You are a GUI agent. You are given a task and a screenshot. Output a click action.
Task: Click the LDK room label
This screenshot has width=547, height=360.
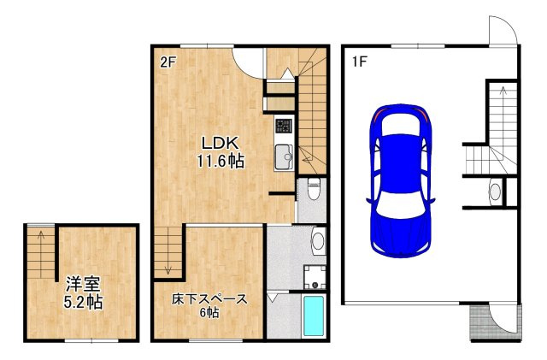pyautogui.click(x=221, y=143)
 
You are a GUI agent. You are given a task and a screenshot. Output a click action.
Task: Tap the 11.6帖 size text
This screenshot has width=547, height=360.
pyautogui.click(x=221, y=161)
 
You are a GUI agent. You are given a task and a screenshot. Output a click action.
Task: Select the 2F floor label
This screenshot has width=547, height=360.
pyautogui.click(x=167, y=62)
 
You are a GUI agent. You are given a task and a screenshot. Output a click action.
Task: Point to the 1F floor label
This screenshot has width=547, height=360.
pyautogui.click(x=359, y=62)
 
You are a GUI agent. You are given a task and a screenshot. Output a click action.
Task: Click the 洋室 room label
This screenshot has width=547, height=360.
pyautogui.click(x=84, y=284)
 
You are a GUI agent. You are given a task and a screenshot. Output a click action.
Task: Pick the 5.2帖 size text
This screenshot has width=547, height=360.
pyautogui.click(x=83, y=302)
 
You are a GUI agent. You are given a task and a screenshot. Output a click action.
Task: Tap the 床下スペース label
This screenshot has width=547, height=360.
pyautogui.click(x=209, y=299)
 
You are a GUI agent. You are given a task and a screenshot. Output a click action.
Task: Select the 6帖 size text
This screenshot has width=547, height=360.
pyautogui.click(x=209, y=312)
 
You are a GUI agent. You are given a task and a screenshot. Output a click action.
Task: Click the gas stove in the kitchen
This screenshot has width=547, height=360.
pyautogui.click(x=284, y=126)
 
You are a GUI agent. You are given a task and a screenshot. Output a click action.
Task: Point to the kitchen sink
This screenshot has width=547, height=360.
pyautogui.click(x=284, y=156)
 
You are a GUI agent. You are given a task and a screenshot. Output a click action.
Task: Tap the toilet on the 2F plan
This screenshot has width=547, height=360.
pyautogui.click(x=314, y=188)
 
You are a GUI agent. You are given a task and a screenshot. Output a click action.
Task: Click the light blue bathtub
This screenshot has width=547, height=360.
pyautogui.click(x=314, y=316)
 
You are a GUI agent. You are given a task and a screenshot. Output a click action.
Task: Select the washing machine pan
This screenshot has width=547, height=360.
pyautogui.click(x=315, y=277)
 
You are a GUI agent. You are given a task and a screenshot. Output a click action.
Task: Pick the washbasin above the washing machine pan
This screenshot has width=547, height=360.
pyautogui.click(x=317, y=240)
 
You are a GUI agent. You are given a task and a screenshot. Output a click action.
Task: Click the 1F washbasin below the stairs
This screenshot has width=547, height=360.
pyautogui.click(x=495, y=192)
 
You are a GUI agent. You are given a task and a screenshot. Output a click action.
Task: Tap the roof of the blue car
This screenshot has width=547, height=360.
pyautogui.click(x=401, y=163)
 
